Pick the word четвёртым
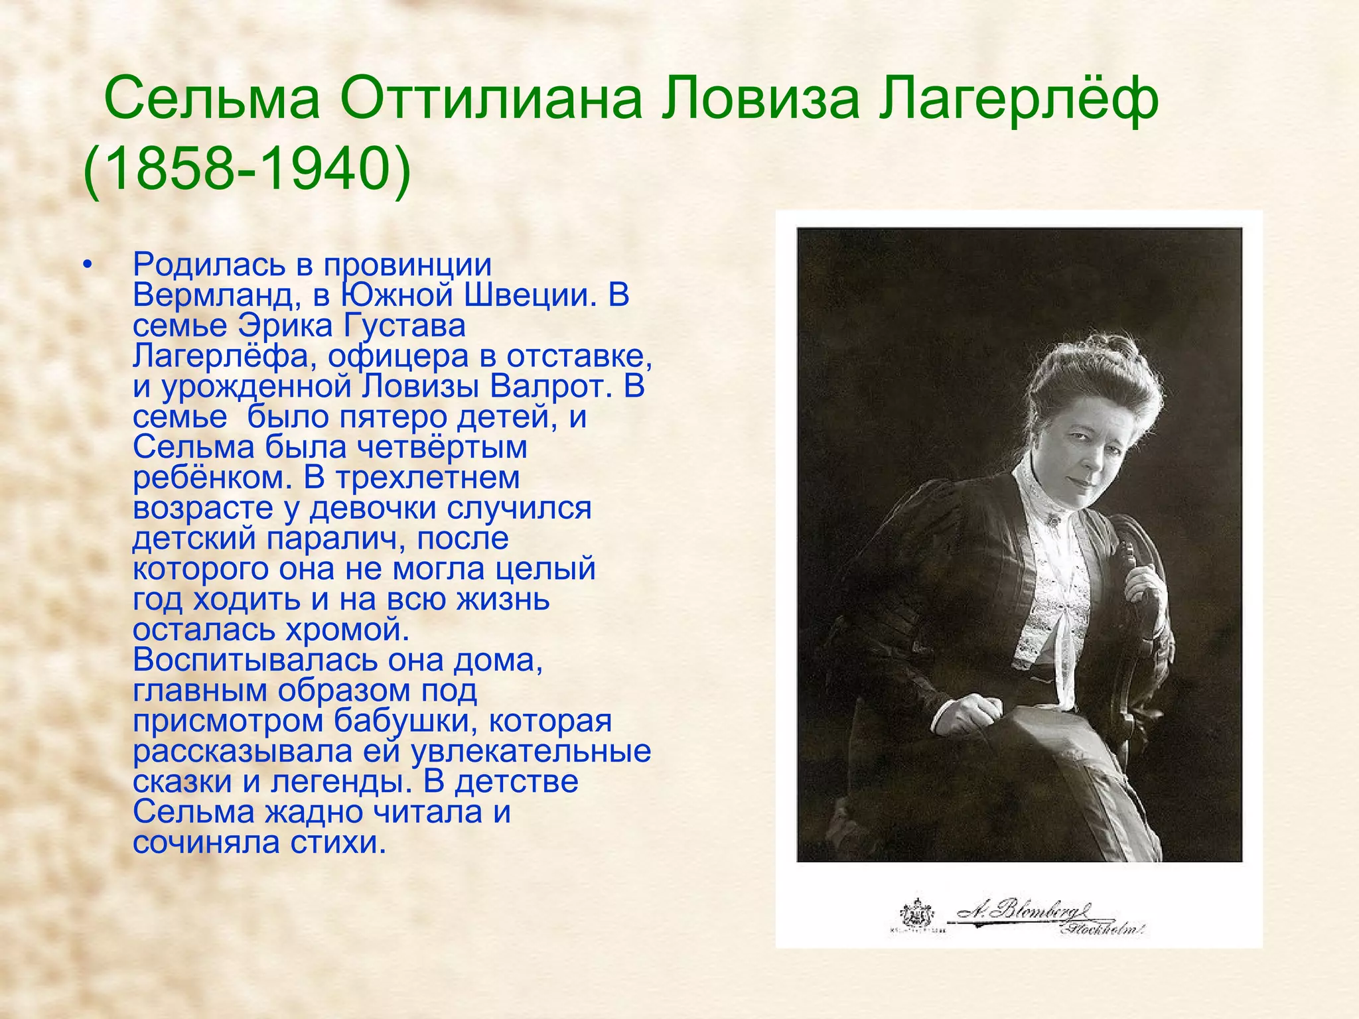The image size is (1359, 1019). click(x=443, y=448)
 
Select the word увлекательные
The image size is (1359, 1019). click(x=531, y=752)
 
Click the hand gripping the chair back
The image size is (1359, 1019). click(x=1145, y=584)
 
